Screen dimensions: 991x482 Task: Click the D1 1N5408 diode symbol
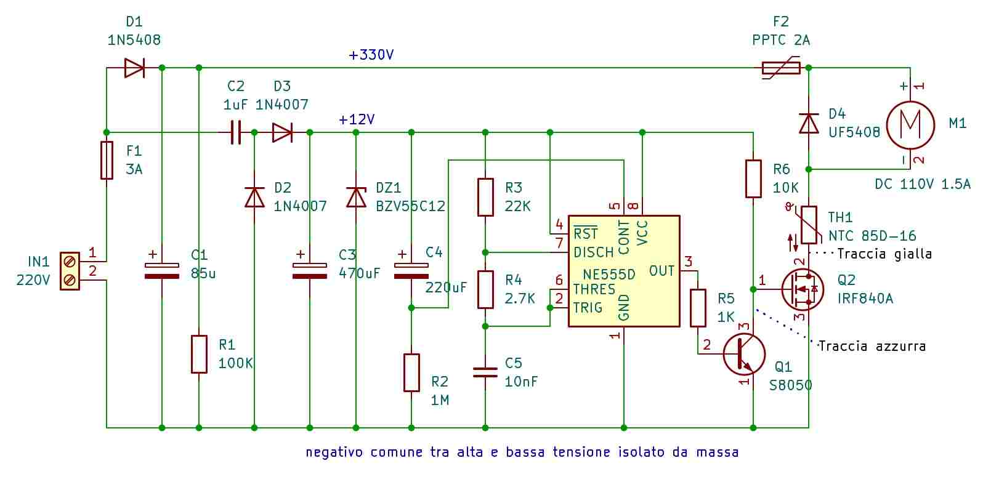tap(134, 68)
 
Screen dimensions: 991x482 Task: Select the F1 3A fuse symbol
tap(107, 160)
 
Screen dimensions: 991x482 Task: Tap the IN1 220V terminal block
tap(70, 271)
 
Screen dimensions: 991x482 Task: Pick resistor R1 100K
tap(199, 354)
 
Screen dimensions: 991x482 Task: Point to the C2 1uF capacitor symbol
tap(236, 132)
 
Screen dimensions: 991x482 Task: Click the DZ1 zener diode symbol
tap(356, 197)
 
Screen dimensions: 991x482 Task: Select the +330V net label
tap(371, 55)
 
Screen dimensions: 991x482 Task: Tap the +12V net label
tap(357, 119)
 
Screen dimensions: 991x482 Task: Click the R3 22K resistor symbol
tap(485, 197)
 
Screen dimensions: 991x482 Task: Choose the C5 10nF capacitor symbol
tap(485, 372)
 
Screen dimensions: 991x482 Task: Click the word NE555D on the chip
tap(609, 275)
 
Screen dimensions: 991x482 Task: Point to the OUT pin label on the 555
tap(662, 271)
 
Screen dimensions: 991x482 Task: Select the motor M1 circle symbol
tap(910, 125)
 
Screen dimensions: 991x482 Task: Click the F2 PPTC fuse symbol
tap(782, 68)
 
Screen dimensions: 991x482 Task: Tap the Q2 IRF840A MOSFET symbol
tap(802, 290)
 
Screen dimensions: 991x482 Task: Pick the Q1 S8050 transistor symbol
tap(744, 354)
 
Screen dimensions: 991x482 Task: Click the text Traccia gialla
tap(884, 254)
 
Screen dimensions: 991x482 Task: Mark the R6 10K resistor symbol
tap(753, 179)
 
